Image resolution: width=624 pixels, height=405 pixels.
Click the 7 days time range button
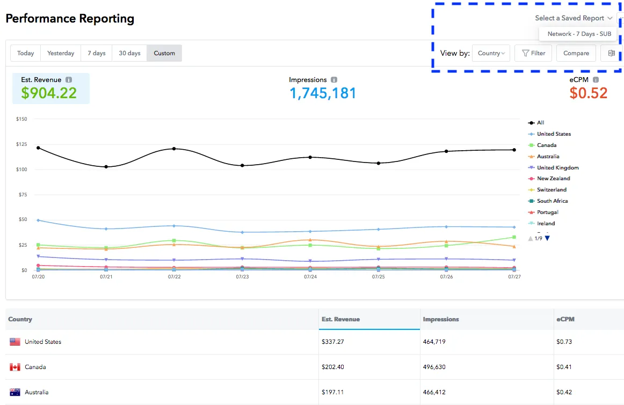click(x=97, y=53)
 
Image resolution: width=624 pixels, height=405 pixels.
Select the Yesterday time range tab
click(x=61, y=53)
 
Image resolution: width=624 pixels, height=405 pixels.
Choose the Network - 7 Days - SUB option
click(x=579, y=34)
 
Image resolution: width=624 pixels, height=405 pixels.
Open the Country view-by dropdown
click(x=491, y=53)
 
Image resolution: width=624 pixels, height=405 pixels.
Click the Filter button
click(x=533, y=53)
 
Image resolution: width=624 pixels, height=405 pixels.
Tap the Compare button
click(x=576, y=53)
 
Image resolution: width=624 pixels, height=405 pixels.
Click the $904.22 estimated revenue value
click(x=49, y=93)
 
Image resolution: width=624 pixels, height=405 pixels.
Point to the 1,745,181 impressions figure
click(x=323, y=93)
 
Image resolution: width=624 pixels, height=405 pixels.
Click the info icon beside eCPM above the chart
click(x=596, y=80)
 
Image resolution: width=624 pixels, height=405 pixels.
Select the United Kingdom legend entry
click(x=557, y=168)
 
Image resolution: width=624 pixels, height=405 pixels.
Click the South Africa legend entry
click(x=552, y=201)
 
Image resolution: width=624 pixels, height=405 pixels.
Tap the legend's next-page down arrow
click(x=548, y=238)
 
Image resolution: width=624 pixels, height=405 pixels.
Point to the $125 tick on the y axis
click(x=22, y=144)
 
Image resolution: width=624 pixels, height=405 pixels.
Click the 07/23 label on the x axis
click(x=242, y=277)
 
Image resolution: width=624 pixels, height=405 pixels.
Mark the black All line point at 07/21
click(x=106, y=167)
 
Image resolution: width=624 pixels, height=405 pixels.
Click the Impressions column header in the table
click(x=441, y=319)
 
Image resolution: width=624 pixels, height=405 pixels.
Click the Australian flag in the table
click(x=15, y=392)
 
